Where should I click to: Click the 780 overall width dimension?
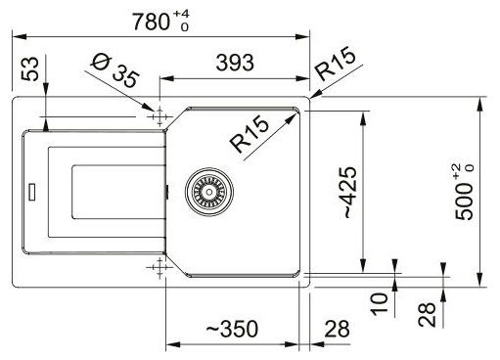[x=151, y=22]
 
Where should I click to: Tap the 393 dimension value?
[x=235, y=63]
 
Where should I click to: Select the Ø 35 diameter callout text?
[x=114, y=70]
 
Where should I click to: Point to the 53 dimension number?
[x=30, y=68]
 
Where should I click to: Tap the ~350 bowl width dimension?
[x=232, y=329]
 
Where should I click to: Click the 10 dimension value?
[x=380, y=304]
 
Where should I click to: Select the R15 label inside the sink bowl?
[x=250, y=134]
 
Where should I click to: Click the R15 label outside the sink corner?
[x=335, y=64]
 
